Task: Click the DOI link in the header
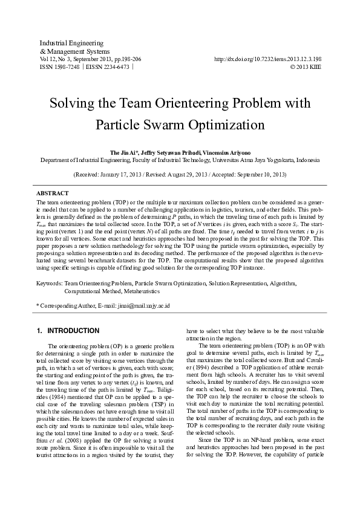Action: [267, 59]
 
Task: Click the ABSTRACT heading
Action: [52, 193]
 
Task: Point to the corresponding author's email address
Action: [140, 306]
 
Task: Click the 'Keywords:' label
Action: [50, 282]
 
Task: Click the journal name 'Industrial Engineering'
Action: [63, 44]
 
